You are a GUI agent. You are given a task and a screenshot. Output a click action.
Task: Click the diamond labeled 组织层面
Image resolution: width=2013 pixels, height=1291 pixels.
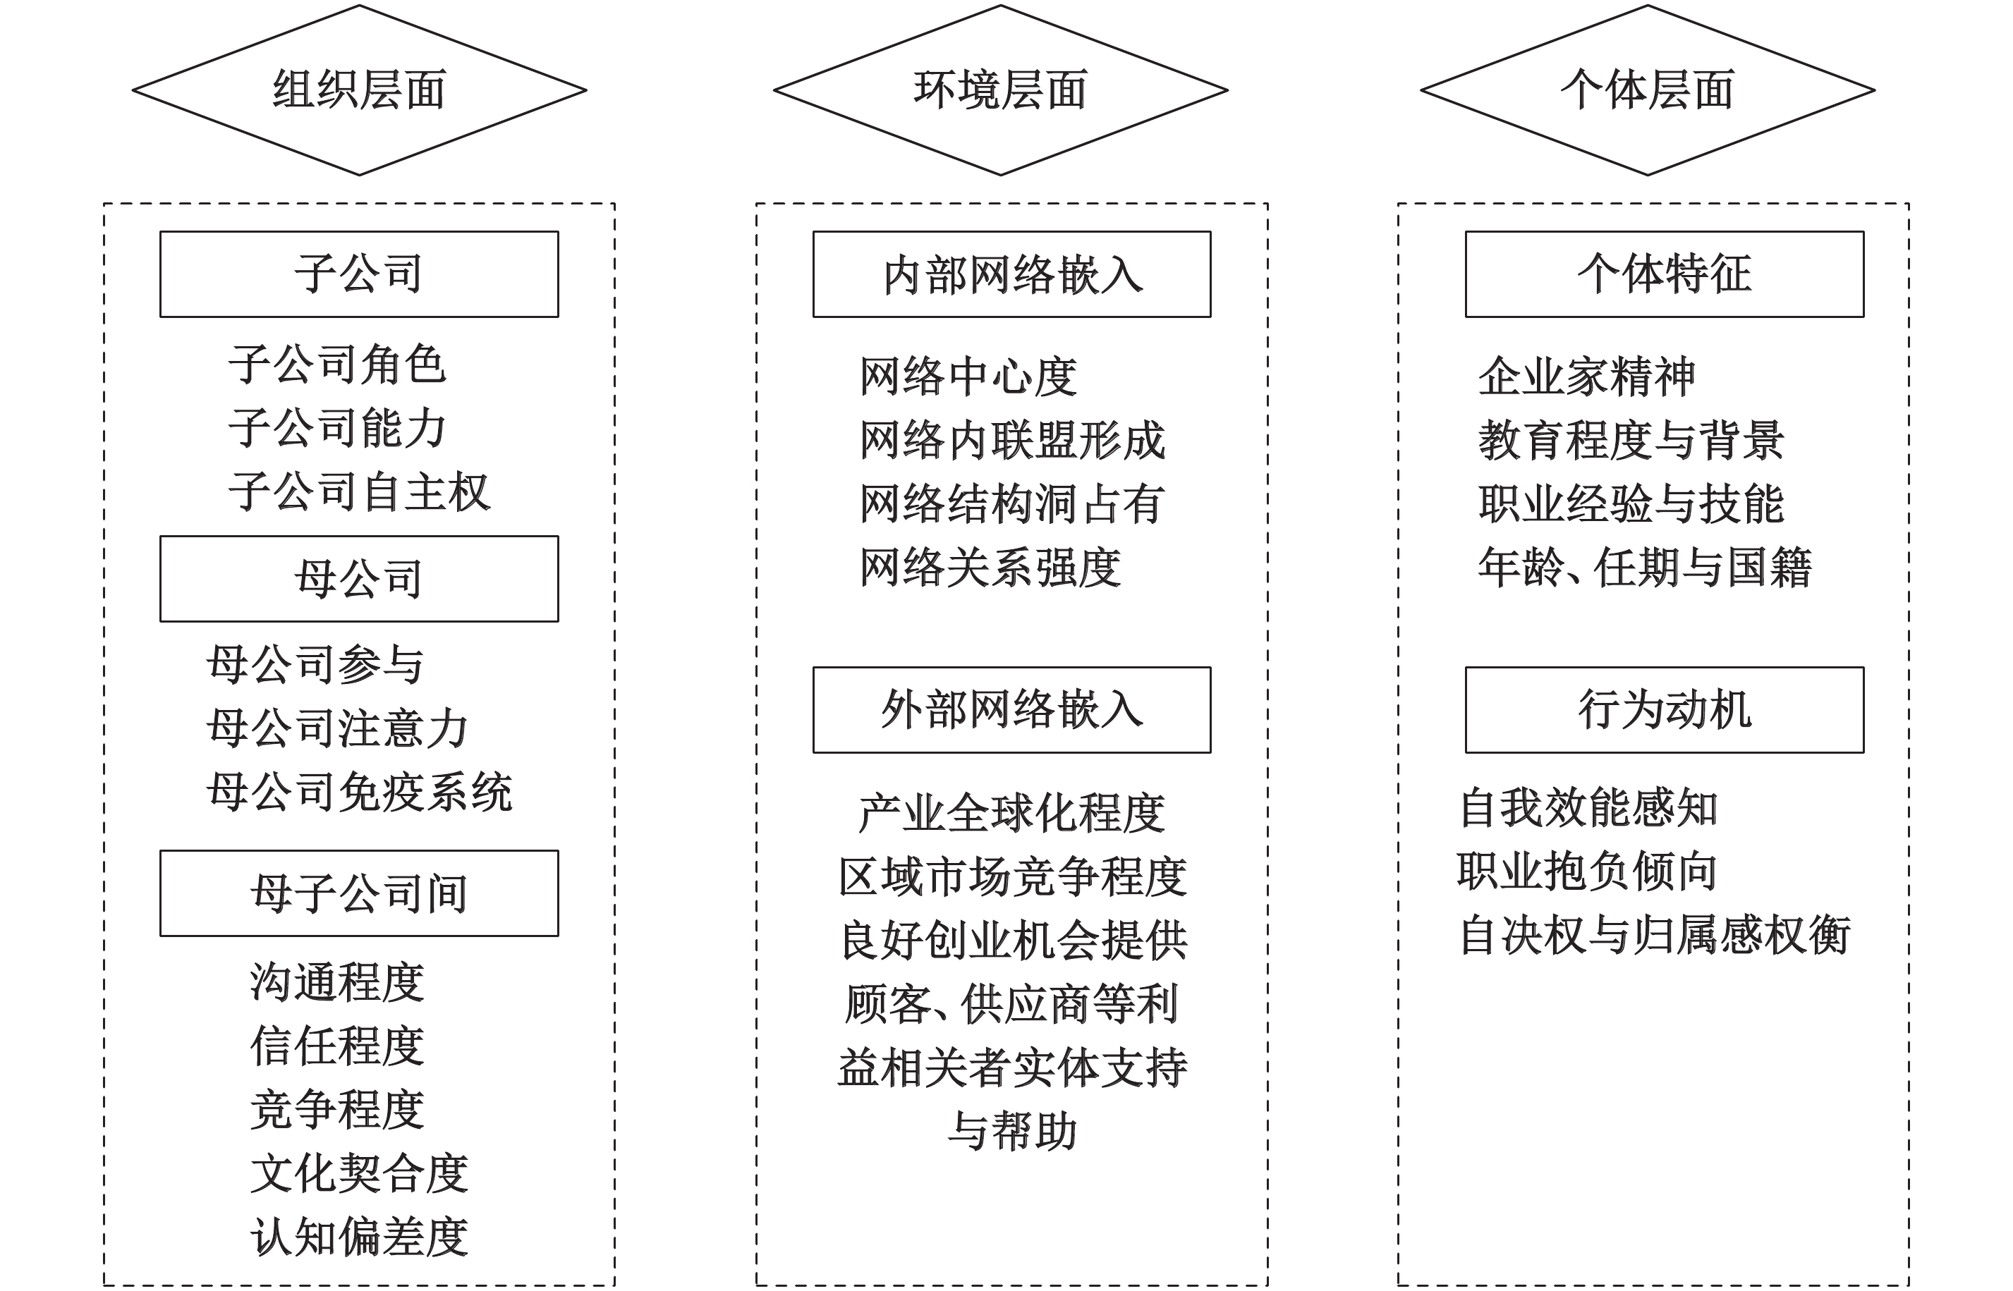[359, 90]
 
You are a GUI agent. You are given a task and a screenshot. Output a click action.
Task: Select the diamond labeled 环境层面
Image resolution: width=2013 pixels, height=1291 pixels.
[1000, 90]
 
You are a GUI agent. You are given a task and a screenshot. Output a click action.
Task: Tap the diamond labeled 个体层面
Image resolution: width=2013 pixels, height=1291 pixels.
[1647, 90]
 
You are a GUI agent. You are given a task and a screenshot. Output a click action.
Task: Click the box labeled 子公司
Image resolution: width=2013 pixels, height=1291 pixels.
[359, 274]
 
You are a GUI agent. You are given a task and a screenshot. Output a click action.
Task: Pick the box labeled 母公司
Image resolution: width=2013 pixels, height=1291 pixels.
[359, 578]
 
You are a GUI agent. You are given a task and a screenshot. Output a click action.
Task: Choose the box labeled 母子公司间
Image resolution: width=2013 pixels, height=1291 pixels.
[359, 893]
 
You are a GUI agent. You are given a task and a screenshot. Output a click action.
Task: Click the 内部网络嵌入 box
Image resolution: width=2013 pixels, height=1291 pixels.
[1011, 274]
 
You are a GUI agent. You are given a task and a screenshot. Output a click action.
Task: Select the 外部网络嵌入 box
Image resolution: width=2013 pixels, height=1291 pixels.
[1011, 710]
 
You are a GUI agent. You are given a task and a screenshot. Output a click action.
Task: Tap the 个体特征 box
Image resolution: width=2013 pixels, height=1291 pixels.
[1663, 274]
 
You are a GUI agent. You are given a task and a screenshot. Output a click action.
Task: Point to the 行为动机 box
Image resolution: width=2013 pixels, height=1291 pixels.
[1663, 710]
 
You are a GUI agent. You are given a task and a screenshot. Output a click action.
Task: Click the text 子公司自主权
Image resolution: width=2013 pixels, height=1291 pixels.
[359, 492]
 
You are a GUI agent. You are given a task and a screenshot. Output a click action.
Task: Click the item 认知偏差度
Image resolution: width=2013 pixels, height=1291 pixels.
[359, 1237]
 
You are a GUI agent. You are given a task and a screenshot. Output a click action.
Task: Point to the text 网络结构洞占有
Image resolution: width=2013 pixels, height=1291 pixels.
[1011, 504]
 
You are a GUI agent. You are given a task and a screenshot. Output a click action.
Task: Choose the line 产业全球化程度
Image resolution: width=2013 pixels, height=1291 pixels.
[1011, 813]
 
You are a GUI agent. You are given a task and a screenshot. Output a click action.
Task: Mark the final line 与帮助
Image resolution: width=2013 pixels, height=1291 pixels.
[1011, 1131]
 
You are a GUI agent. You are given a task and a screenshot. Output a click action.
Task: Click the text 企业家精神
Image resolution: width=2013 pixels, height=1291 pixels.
[1586, 377]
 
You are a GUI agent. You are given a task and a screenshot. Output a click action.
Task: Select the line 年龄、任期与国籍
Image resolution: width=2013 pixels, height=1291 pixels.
[1644, 568]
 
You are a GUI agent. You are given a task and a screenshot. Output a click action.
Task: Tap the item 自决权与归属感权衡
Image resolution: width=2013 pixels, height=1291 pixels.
[1654, 935]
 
